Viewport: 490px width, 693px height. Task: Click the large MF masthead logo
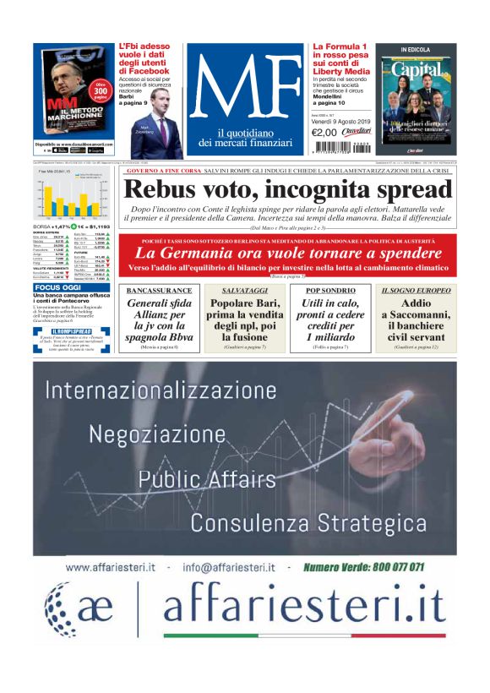[248, 84]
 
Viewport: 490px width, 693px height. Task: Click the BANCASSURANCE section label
[159, 290]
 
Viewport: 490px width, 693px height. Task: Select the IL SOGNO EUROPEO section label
[416, 290]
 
